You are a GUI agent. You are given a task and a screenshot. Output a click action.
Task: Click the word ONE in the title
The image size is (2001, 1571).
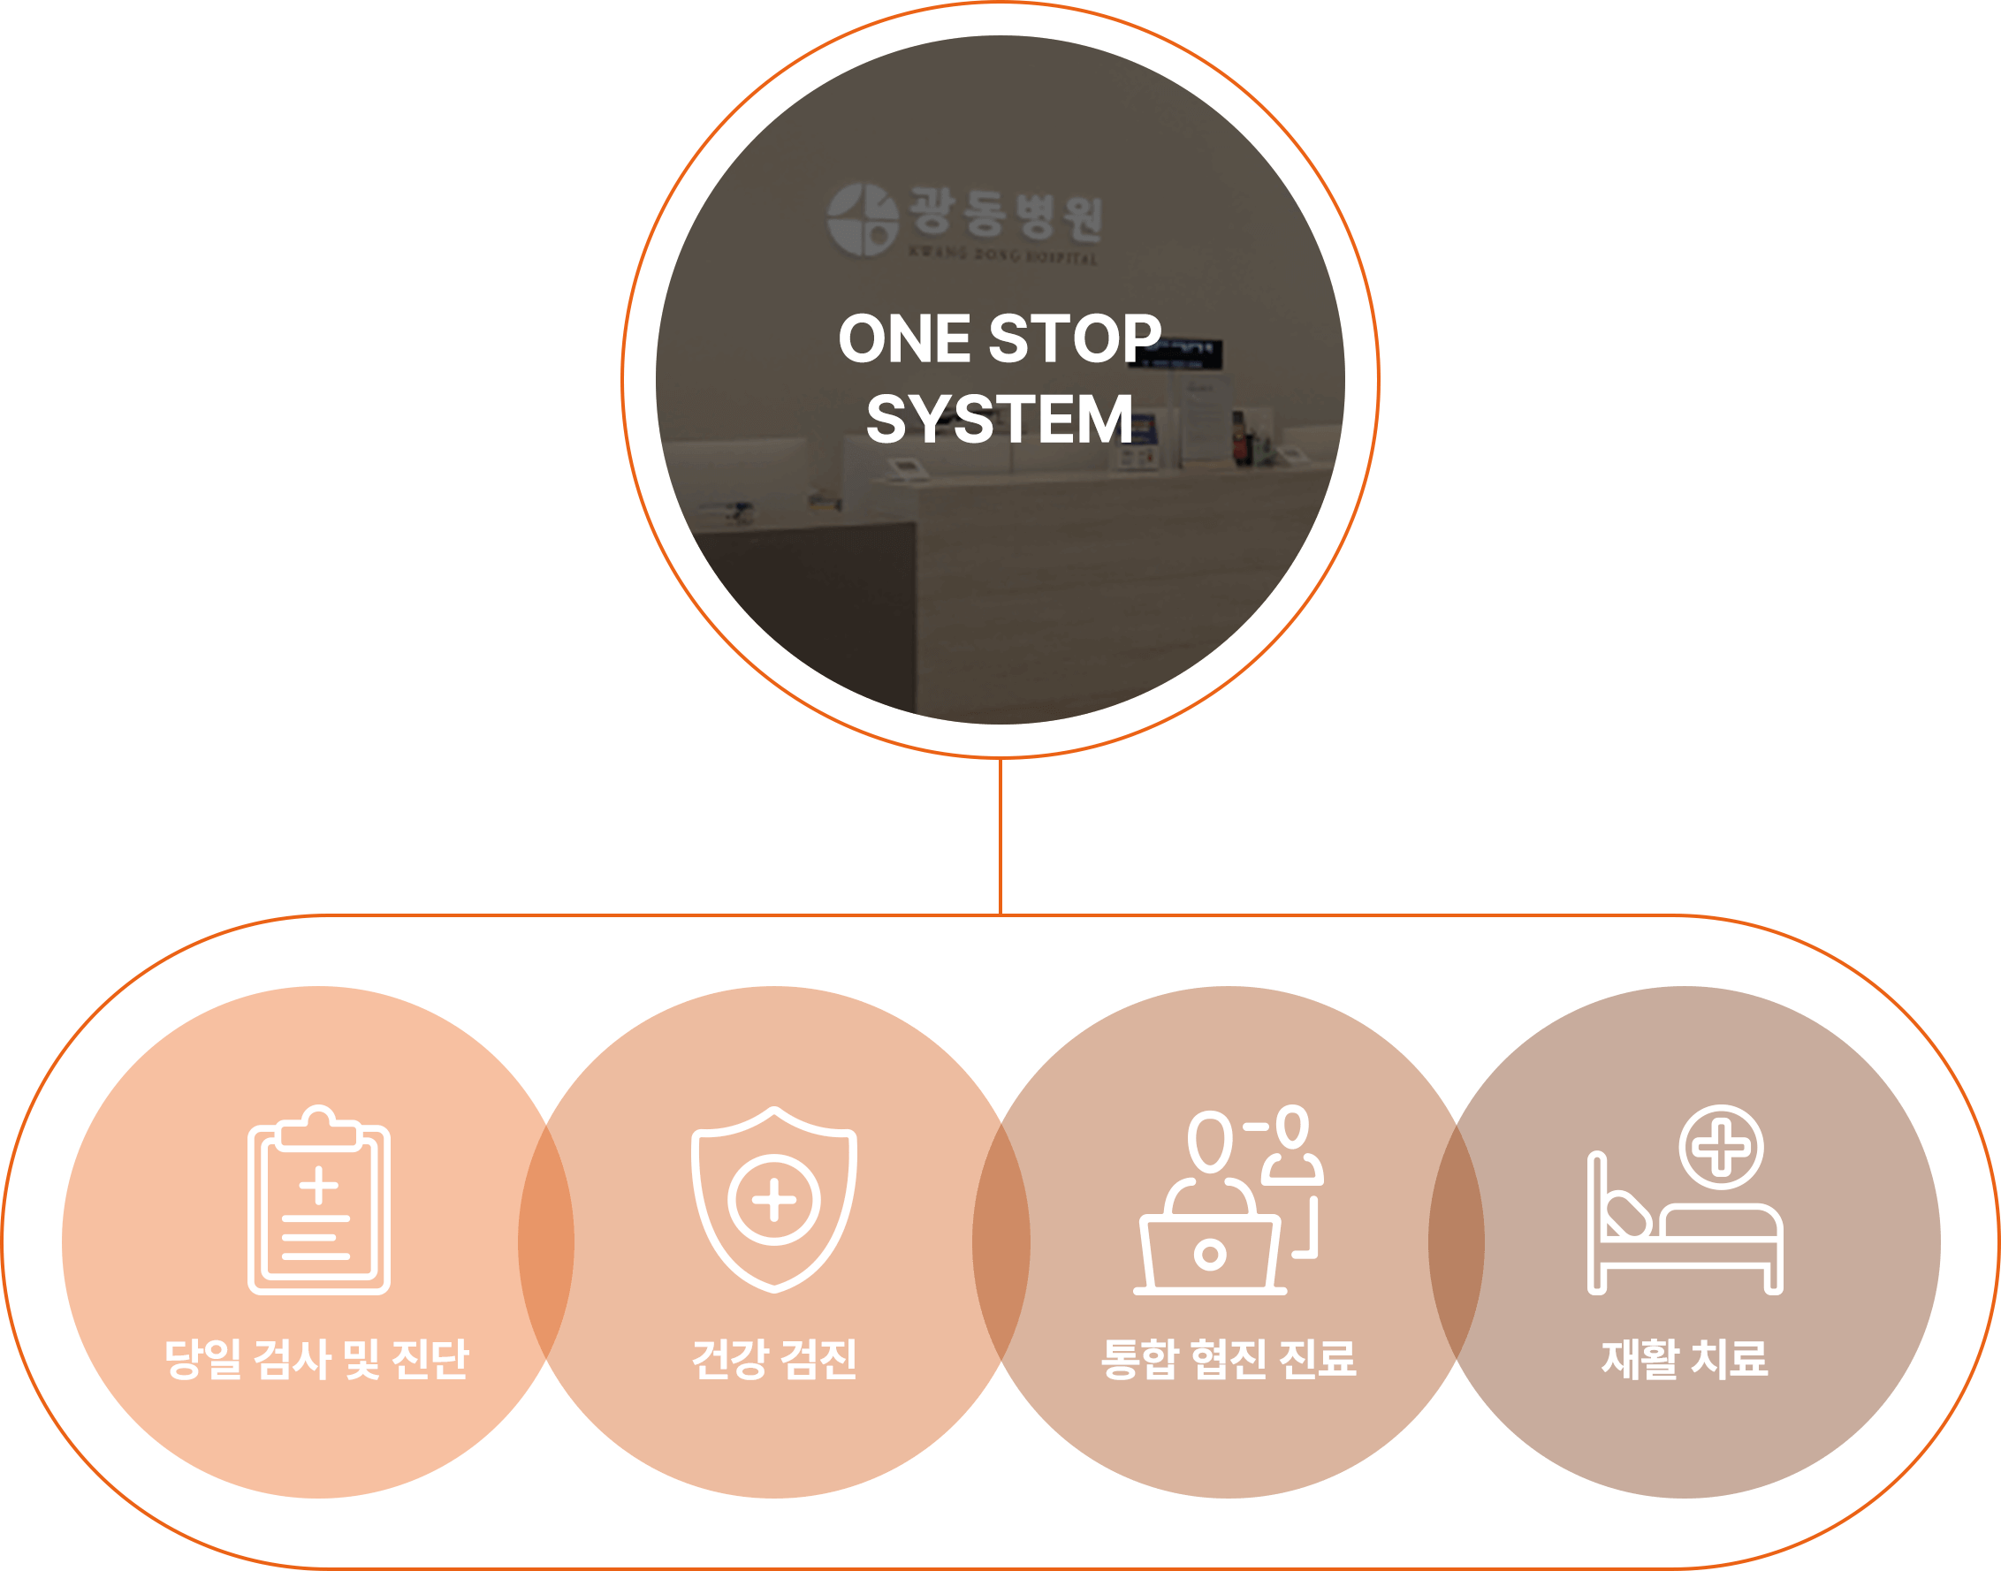[x=903, y=338]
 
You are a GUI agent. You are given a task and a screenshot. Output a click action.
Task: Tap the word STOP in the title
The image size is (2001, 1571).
[x=1074, y=338]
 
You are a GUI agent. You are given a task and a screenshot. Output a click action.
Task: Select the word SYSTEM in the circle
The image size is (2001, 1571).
[x=999, y=420]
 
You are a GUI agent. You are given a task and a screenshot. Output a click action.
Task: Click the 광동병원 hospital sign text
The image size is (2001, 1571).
[x=1005, y=216]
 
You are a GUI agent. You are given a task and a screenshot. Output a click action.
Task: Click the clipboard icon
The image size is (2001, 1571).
[x=318, y=1200]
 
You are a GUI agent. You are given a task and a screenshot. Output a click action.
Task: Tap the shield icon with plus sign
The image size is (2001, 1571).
[x=773, y=1199]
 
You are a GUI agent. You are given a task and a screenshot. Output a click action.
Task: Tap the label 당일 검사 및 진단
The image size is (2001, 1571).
[x=316, y=1359]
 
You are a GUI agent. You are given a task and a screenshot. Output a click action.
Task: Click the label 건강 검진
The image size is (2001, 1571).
[x=773, y=1359]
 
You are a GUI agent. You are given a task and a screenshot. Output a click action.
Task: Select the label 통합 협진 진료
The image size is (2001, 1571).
[x=1229, y=1359]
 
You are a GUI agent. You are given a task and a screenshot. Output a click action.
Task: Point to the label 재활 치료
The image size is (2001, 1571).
[x=1684, y=1359]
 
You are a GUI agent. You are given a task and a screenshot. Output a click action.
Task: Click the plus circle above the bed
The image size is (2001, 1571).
[x=1721, y=1147]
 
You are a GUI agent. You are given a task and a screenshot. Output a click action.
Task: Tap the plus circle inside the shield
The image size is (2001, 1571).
[x=773, y=1199]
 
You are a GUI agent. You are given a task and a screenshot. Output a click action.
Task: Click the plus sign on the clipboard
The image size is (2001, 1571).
[x=318, y=1186]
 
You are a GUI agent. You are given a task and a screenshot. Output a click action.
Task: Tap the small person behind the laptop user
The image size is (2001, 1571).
[x=1292, y=1145]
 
